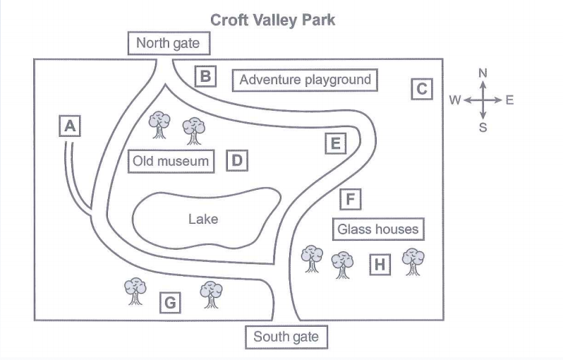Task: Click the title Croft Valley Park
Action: point(272,20)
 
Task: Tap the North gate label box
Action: point(168,44)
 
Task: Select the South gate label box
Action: point(286,337)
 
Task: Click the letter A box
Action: point(69,126)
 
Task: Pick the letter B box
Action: point(205,76)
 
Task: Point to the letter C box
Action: point(421,89)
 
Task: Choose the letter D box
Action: point(237,161)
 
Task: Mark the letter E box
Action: point(336,144)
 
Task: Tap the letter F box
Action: point(350,200)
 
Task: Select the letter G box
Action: point(169,304)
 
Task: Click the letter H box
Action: point(380,265)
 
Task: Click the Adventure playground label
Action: point(305,80)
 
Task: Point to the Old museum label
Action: point(171,162)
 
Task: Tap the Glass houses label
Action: point(377,229)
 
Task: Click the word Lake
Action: point(203,219)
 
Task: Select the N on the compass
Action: point(483,73)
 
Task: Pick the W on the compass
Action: point(455,100)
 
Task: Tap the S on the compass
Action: point(483,128)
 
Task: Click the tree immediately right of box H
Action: point(413,261)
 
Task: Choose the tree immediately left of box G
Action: point(135,290)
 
